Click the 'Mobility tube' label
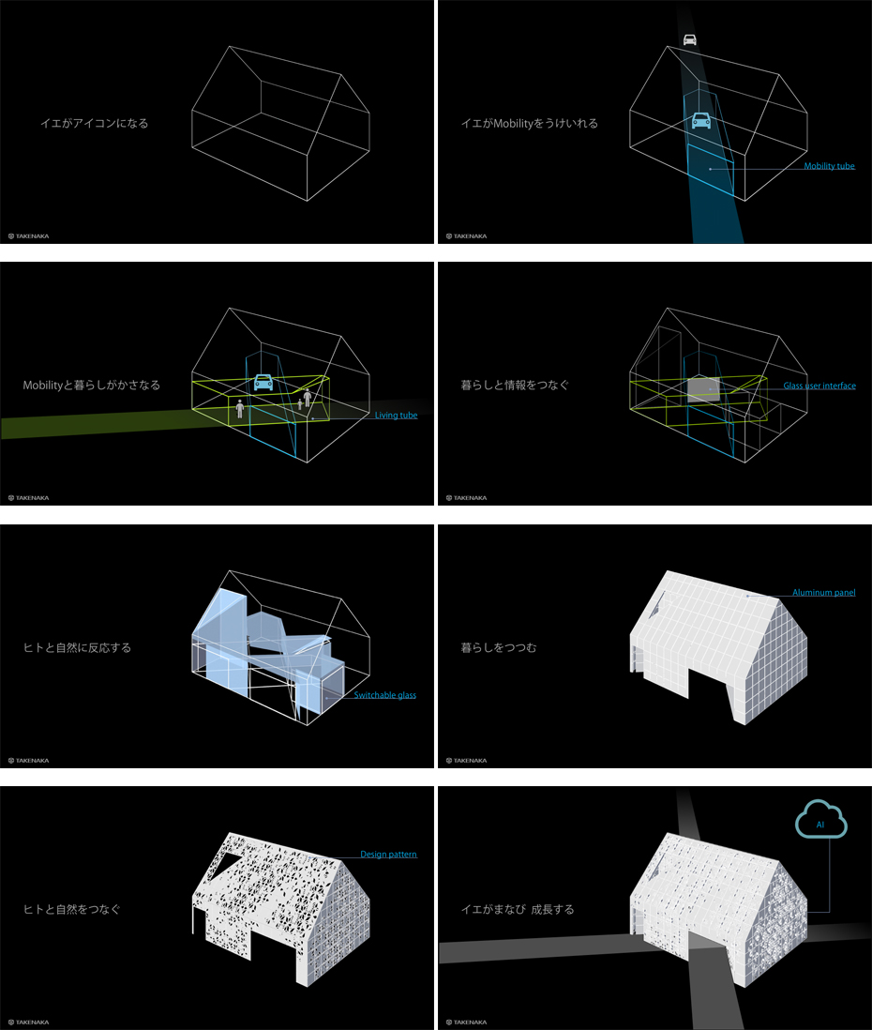(x=829, y=166)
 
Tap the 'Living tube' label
(x=396, y=416)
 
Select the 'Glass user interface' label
(x=819, y=386)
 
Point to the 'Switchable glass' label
(x=384, y=695)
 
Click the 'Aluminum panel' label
(x=823, y=593)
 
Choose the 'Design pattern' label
(x=388, y=854)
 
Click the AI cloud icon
(x=820, y=819)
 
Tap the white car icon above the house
(x=689, y=40)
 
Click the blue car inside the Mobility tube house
(x=701, y=120)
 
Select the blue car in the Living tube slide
(x=263, y=383)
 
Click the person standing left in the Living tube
(x=240, y=409)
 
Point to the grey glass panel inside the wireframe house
(x=703, y=389)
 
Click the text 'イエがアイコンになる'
(x=95, y=123)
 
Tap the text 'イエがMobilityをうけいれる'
(x=529, y=123)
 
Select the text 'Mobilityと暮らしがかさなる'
(x=91, y=385)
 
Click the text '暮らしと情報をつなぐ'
(x=515, y=385)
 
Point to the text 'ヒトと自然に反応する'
(x=77, y=647)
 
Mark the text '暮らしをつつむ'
(x=499, y=647)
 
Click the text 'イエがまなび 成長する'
(x=518, y=909)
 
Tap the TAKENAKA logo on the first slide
(x=28, y=235)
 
